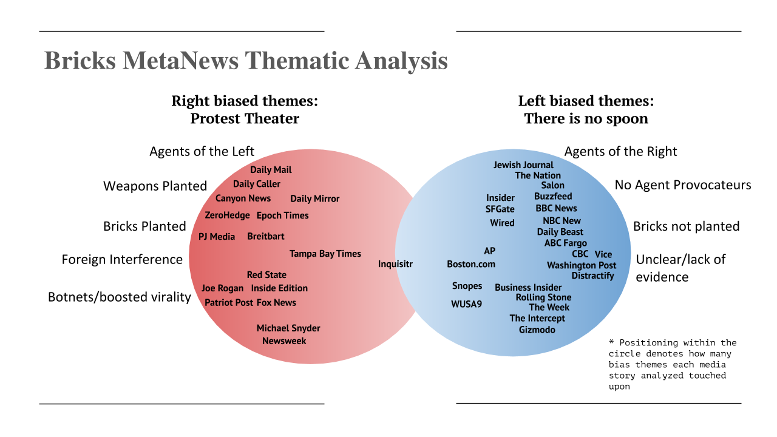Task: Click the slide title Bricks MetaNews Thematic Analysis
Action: click(246, 61)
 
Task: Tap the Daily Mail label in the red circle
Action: click(271, 170)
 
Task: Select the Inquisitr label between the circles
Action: click(395, 264)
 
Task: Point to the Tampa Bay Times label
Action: click(325, 254)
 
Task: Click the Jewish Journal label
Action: click(523, 165)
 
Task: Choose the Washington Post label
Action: click(582, 266)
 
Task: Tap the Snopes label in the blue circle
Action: click(467, 286)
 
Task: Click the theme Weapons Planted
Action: click(155, 186)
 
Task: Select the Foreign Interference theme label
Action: click(122, 259)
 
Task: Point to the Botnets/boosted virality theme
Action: click(120, 297)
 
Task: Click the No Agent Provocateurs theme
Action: click(683, 185)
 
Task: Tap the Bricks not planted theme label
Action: click(687, 226)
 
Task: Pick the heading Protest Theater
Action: click(245, 118)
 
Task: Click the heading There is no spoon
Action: click(586, 118)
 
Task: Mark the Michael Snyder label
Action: click(288, 328)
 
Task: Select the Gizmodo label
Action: click(537, 330)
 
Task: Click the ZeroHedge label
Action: click(227, 215)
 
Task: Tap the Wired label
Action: click(502, 223)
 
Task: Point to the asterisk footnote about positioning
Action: click(672, 365)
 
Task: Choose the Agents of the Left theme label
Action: click(202, 152)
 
